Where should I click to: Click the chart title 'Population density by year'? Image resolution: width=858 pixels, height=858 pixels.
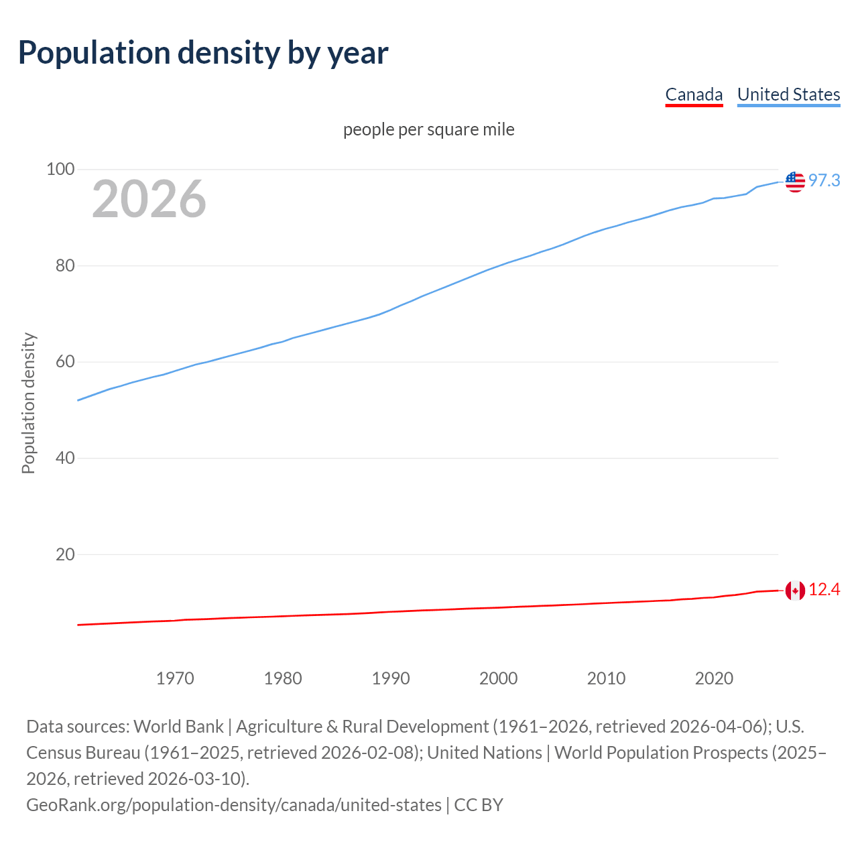click(203, 53)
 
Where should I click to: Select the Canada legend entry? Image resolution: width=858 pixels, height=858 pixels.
click(694, 95)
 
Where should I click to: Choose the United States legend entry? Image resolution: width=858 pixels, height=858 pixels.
click(788, 95)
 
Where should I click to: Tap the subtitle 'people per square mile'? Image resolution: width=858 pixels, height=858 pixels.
click(429, 129)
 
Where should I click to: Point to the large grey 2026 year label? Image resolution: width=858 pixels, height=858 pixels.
click(149, 199)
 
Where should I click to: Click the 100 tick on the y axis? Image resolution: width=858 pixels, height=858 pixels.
click(60, 170)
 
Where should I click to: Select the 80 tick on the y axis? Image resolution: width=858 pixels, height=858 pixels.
click(64, 266)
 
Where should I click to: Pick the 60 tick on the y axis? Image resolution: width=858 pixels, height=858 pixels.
click(64, 362)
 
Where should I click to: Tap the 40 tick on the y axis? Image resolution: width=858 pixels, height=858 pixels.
click(64, 458)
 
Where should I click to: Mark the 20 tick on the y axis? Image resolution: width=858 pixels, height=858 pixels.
click(64, 554)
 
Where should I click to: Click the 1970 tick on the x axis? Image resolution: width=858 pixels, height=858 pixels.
click(175, 678)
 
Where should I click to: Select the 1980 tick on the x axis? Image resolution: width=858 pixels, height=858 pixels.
click(283, 678)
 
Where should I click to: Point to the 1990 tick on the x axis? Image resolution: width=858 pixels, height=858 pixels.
click(391, 678)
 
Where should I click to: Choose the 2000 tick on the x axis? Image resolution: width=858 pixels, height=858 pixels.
click(499, 678)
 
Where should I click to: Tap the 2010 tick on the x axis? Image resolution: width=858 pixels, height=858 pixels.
click(607, 678)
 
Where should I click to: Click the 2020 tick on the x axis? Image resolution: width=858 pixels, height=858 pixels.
click(715, 678)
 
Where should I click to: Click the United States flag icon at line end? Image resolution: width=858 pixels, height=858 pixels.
click(795, 182)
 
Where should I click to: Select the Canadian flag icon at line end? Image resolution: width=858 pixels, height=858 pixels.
click(795, 591)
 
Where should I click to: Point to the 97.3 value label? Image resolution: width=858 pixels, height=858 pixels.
click(824, 181)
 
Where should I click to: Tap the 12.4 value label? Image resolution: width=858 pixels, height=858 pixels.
click(824, 590)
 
